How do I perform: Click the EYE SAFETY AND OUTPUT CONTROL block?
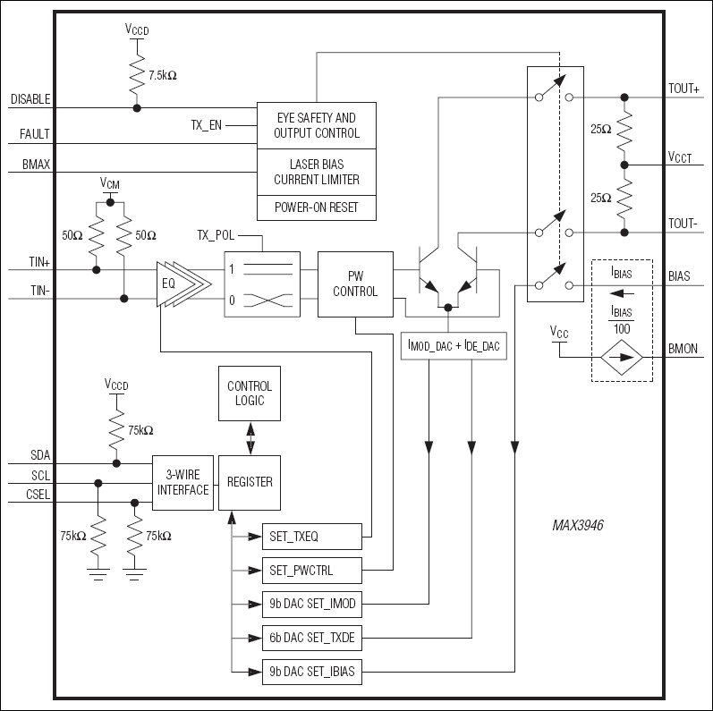[x=316, y=125]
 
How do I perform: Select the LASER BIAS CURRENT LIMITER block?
[x=316, y=172]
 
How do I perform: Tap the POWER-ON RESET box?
[x=316, y=207]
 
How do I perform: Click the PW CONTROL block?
[x=355, y=284]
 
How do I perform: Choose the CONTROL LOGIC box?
[x=250, y=394]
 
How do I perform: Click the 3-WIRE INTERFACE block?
[x=182, y=483]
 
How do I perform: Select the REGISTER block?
[x=250, y=483]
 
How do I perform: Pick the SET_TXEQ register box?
[x=311, y=537]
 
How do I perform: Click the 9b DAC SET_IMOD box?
[x=311, y=604]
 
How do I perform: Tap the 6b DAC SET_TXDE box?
[x=311, y=638]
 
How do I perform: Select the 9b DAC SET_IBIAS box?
[x=311, y=671]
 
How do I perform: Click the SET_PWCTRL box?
[x=311, y=570]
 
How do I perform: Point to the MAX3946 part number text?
[x=577, y=526]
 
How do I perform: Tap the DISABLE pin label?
[x=30, y=99]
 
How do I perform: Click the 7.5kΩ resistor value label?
[x=163, y=76]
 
